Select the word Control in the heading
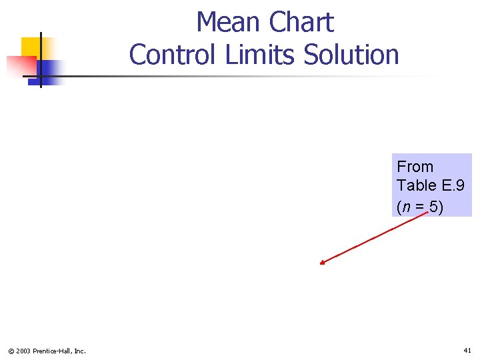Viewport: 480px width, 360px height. click(175, 55)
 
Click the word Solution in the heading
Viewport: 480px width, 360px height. click(351, 55)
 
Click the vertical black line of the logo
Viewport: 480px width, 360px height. click(41, 60)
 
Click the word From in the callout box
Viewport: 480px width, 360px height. click(415, 167)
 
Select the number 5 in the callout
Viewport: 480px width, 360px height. click(434, 207)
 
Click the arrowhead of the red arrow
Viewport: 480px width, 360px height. click(322, 263)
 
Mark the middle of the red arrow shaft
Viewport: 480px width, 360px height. click(373, 238)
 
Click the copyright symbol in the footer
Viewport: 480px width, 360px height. click(11, 351)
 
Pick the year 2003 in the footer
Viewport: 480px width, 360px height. click(23, 351)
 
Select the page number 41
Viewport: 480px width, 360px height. click(467, 350)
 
